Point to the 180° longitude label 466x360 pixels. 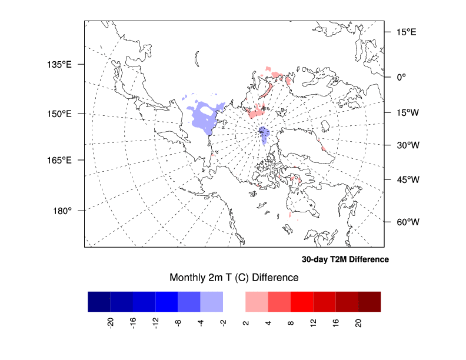pos(62,211)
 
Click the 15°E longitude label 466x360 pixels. pos(405,32)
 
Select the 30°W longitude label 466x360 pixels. pos(406,145)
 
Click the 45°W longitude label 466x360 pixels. pos(406,179)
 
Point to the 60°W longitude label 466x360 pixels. pos(406,222)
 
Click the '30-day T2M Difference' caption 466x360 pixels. pos(345,259)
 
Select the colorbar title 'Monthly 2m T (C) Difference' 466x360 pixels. pos(234,277)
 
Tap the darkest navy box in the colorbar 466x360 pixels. pos(99,301)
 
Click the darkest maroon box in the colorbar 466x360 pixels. pos(370,301)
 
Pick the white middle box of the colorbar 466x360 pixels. pos(234,301)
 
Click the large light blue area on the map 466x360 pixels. pos(206,118)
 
